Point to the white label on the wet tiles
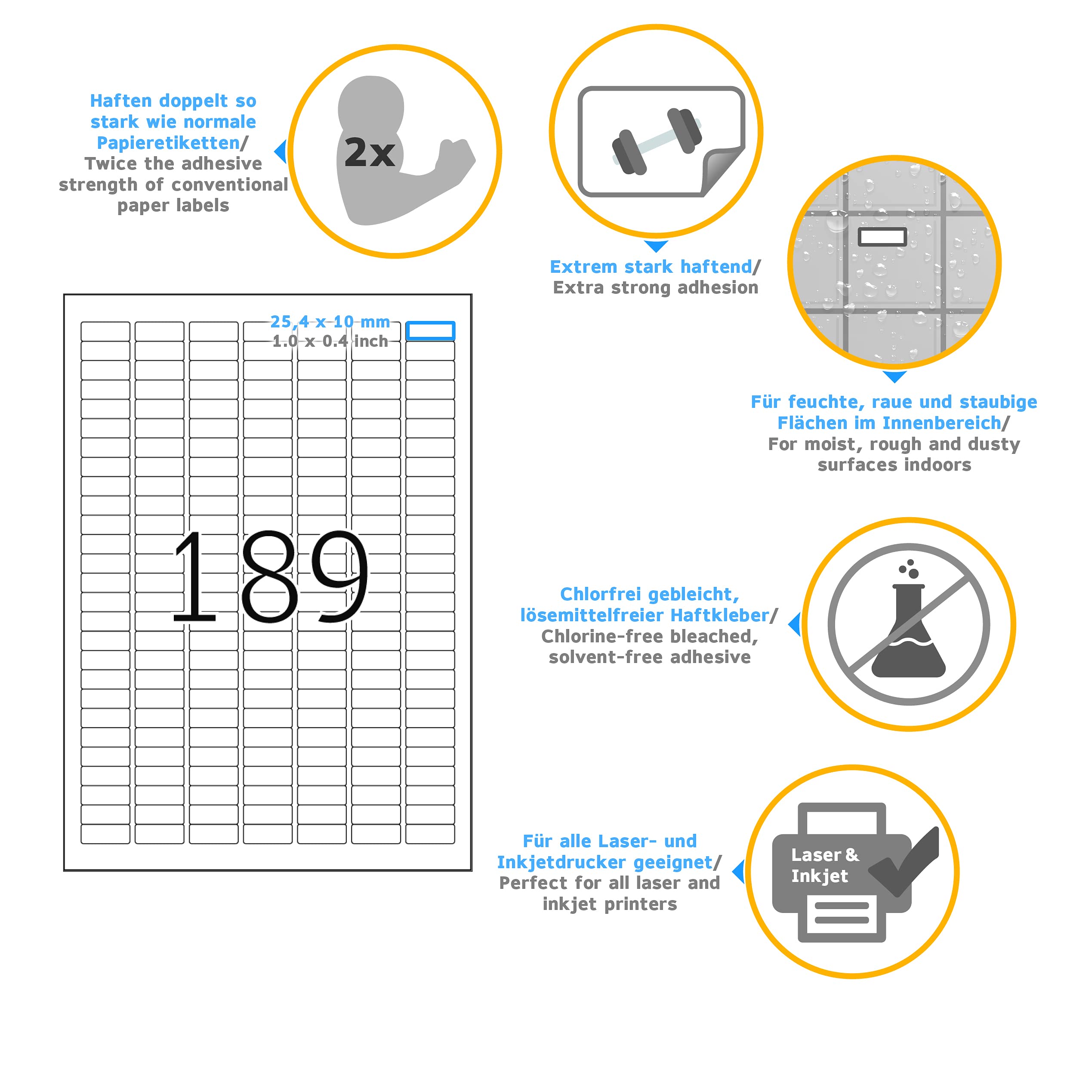882,237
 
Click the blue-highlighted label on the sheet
430,331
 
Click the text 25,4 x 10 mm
330,321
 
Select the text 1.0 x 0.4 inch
330,341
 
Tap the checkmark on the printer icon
906,861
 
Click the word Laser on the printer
815,855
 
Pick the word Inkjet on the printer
819,876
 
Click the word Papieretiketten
168,143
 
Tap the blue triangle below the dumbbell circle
656,246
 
